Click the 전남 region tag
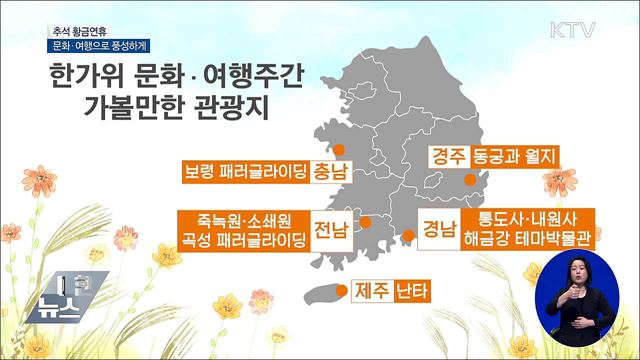(x=331, y=231)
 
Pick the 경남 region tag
(x=439, y=225)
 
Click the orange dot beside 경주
(x=469, y=179)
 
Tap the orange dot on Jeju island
(x=340, y=292)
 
